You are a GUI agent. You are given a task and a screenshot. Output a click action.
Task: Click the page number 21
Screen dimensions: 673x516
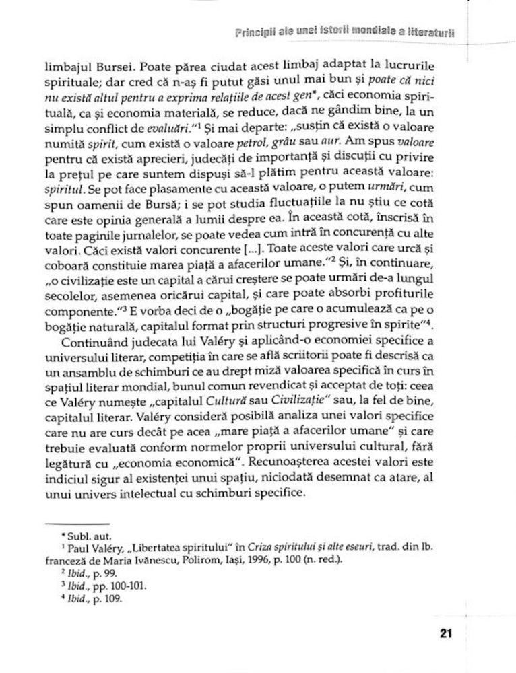(x=444, y=633)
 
